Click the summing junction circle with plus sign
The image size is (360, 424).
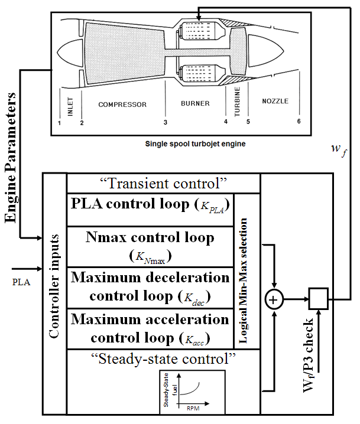coord(273,301)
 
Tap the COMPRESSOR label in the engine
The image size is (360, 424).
coord(122,105)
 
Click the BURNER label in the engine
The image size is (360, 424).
coord(195,104)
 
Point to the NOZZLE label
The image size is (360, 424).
coord(275,101)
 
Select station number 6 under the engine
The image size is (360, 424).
coord(299,122)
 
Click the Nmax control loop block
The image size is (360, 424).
coord(150,246)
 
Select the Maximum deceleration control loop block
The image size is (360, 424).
coord(150,286)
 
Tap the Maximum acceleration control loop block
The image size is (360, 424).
coord(150,328)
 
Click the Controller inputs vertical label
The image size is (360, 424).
coord(54,293)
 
